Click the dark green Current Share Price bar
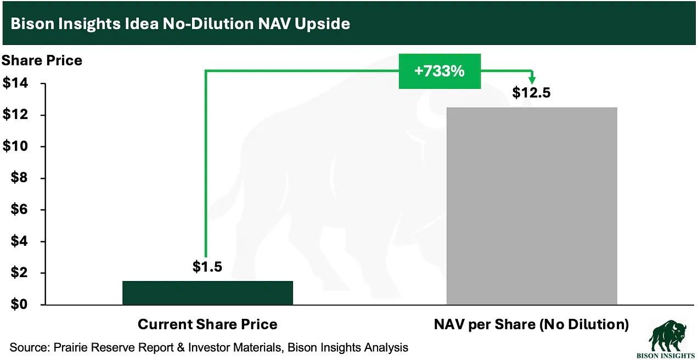(207, 292)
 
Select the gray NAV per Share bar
(532, 206)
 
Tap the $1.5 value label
(207, 267)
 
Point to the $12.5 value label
(531, 93)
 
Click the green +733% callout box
(440, 71)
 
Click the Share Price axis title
(42, 60)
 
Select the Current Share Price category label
(207, 324)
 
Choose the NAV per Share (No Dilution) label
(531, 324)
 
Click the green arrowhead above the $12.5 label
(532, 80)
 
